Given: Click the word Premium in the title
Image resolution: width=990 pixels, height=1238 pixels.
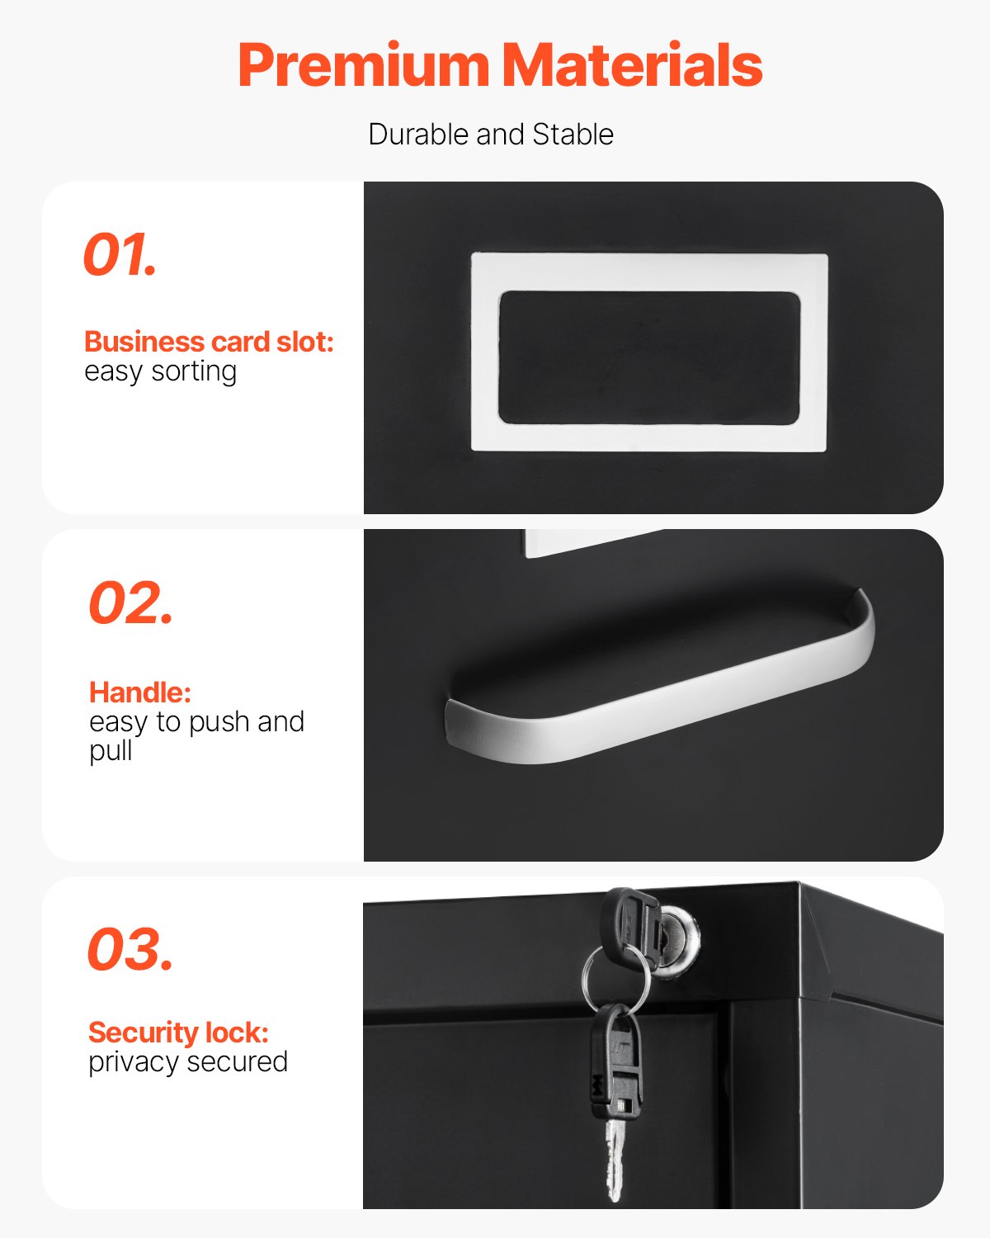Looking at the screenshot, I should click(364, 66).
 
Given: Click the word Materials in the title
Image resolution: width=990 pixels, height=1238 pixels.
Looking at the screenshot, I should click(632, 66).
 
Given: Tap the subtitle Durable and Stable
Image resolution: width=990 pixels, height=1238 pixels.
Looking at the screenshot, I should click(491, 135).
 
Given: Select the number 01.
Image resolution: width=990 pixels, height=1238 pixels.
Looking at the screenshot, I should click(120, 255).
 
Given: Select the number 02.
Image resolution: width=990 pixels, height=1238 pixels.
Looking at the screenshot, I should click(130, 603).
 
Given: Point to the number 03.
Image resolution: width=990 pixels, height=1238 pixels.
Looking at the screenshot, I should click(130, 950).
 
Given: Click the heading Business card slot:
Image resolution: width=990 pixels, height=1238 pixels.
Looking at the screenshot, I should click(209, 342).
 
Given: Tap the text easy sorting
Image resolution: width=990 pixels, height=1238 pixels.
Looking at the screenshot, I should click(160, 371).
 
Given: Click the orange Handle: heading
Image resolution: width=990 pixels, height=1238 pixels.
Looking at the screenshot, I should click(139, 692).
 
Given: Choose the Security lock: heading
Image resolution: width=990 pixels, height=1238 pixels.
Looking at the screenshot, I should click(178, 1032).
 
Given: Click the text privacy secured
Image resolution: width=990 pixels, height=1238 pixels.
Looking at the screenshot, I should click(188, 1061).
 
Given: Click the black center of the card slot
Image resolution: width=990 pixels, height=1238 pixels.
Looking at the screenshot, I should click(649, 357).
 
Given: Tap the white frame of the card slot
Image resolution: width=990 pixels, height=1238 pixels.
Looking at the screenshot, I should click(649, 272).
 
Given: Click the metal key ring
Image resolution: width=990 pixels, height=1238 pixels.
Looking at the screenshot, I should click(615, 978).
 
